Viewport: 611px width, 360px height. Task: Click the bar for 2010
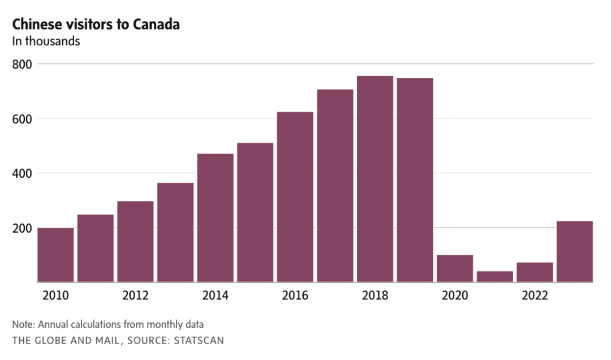tap(55, 255)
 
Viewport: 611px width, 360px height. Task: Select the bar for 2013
tap(175, 232)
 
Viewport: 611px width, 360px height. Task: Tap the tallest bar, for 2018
tap(375, 179)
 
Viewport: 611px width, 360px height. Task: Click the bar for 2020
tap(455, 268)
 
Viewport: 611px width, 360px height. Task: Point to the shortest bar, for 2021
tap(495, 276)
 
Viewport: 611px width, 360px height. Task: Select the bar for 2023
tap(575, 251)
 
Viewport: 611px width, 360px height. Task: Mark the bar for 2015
tap(255, 212)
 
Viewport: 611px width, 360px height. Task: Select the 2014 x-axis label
tap(215, 295)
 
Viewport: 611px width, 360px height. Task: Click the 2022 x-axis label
tap(535, 295)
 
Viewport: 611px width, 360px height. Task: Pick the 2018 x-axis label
tap(375, 295)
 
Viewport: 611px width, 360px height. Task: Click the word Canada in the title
tap(156, 25)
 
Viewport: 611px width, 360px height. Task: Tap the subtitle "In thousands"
tap(46, 41)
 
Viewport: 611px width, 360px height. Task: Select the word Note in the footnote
tap(22, 324)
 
